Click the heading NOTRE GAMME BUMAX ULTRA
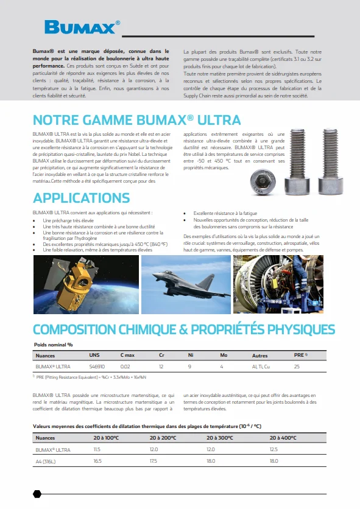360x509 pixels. pos(136,119)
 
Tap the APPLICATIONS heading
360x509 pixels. pos(81,198)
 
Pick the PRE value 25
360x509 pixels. pos(297,367)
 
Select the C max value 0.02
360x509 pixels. pos(125,367)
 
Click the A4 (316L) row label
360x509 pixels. pos(46,462)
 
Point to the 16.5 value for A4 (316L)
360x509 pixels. pos(97,462)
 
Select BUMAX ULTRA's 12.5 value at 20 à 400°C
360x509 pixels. pos(274,450)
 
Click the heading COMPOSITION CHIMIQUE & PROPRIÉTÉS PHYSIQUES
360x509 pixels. pos(183,329)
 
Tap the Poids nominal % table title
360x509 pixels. pos(54,344)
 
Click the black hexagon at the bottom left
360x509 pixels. pos(37,494)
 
